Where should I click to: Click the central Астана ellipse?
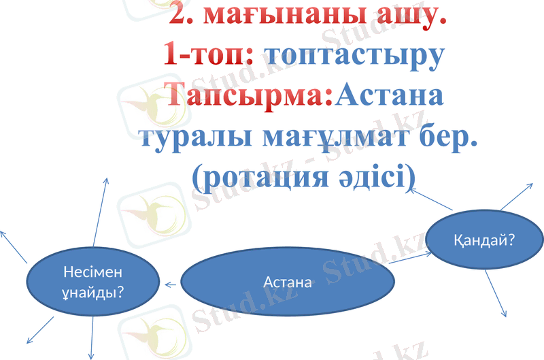point(287,281)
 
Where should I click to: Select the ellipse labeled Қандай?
point(483,240)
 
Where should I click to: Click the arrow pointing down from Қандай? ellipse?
point(496,293)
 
